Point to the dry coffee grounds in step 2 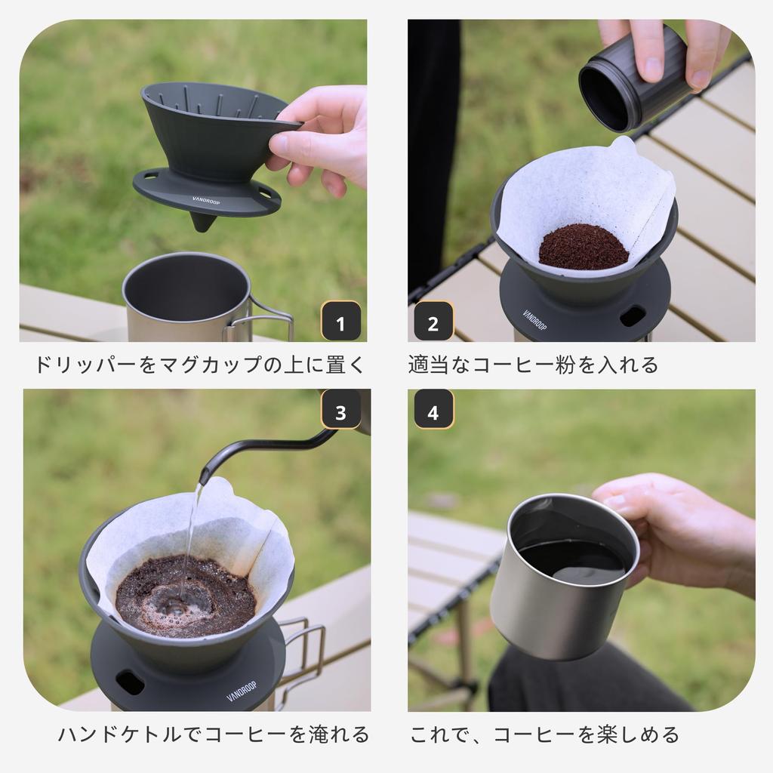click(583, 247)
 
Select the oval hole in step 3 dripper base click(130, 682)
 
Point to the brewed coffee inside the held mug click(574, 559)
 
